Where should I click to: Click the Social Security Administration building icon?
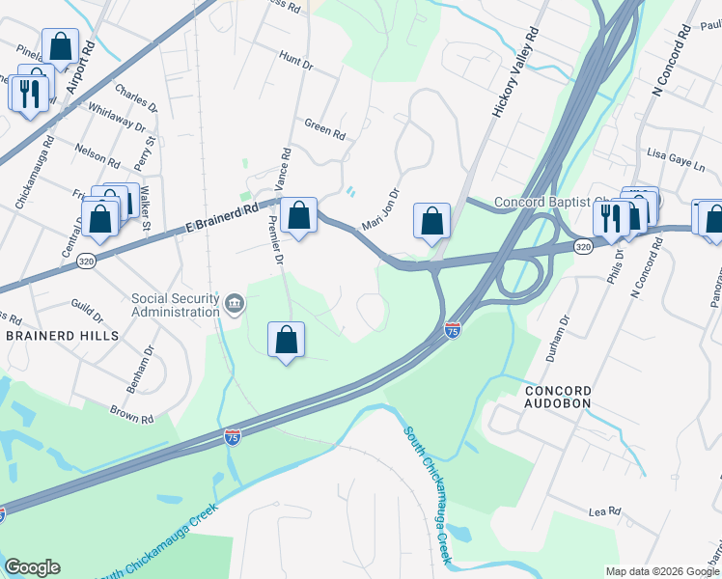(234, 305)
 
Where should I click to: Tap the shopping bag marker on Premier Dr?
(286, 341)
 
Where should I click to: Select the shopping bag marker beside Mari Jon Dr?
(431, 221)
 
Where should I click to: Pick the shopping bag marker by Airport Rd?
(60, 47)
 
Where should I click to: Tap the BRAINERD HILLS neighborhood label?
(63, 336)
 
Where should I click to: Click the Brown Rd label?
(132, 414)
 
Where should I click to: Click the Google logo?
(32, 567)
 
